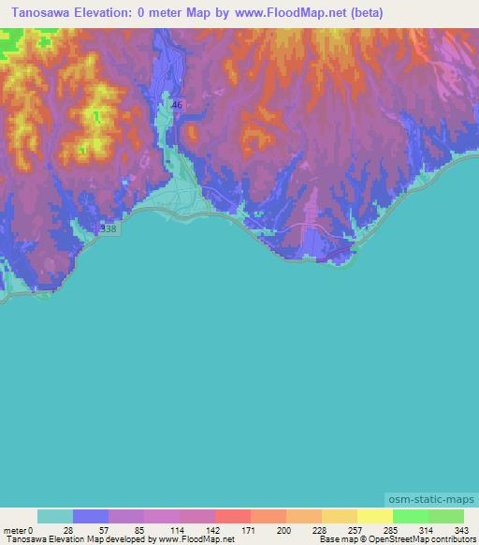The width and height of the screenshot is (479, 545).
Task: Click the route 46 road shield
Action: click(x=177, y=105)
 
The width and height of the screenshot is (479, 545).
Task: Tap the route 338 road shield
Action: click(x=109, y=228)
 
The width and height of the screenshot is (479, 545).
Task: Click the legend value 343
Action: click(x=463, y=530)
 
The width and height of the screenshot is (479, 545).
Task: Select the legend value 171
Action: click(x=250, y=530)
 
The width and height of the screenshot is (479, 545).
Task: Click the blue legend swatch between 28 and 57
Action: click(x=91, y=516)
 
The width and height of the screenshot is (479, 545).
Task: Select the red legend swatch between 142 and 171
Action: click(x=233, y=516)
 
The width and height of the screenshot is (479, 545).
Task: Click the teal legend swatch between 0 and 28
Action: click(x=55, y=516)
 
